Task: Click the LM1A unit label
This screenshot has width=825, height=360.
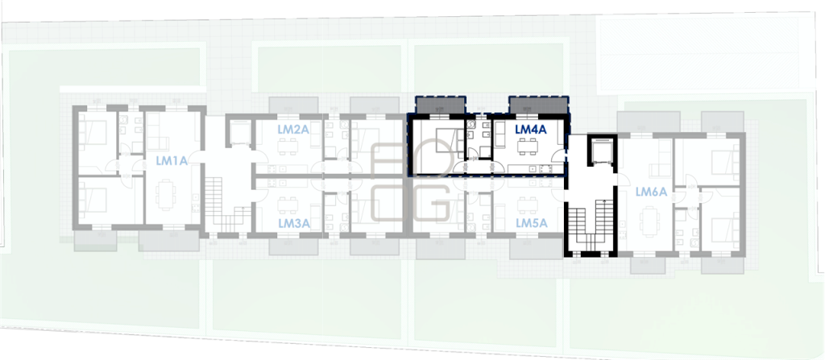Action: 172,161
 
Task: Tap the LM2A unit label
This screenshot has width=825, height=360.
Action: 292,130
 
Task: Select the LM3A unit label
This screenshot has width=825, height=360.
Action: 293,224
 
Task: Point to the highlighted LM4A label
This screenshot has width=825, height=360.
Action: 530,128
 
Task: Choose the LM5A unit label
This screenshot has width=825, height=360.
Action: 532,223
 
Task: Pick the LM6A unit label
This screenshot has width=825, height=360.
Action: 651,192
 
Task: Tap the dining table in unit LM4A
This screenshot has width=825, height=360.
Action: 526,147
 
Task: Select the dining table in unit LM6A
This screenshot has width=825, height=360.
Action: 651,221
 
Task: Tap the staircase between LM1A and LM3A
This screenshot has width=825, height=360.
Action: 226,205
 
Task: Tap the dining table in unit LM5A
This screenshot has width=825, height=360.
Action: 527,205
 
